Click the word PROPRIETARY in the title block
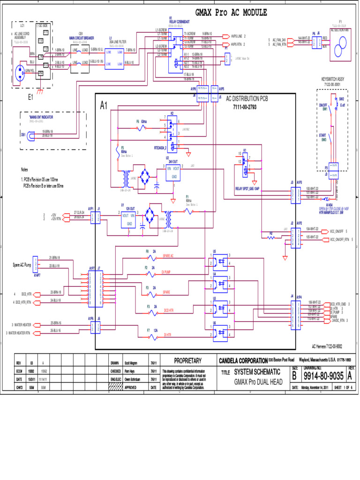[187, 361]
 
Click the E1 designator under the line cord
[30, 97]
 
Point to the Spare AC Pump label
[22, 265]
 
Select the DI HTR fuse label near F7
[167, 335]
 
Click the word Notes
[24, 170]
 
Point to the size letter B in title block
[295, 376]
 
